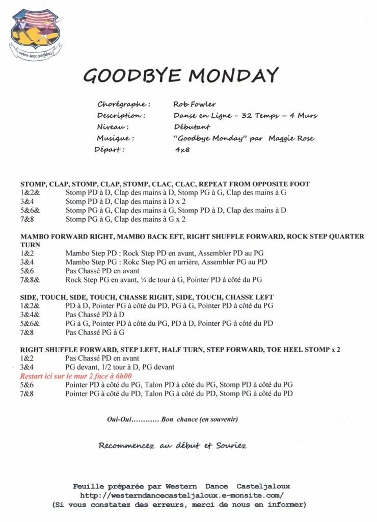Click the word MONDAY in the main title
point(233,75)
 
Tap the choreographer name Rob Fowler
point(194,104)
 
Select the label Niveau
point(112,127)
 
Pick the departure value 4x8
point(182,150)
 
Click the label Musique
point(115,139)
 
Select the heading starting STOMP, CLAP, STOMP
point(165,184)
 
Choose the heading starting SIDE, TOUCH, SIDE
point(147,297)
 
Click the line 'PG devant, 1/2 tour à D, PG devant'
point(120,367)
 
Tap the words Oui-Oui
point(119,420)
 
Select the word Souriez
point(230,446)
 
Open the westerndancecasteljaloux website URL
point(181,495)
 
